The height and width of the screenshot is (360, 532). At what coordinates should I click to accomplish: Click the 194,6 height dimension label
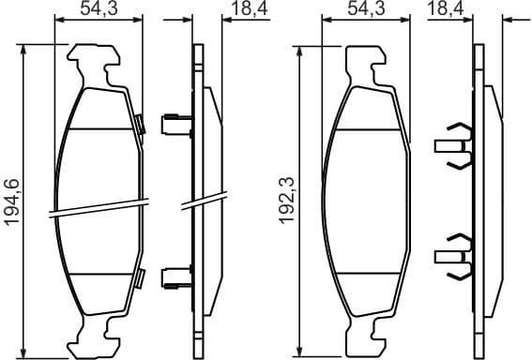(x=12, y=202)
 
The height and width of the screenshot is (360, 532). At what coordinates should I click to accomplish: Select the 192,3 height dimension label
(x=288, y=202)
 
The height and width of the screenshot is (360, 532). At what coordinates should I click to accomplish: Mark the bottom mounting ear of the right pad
(x=366, y=334)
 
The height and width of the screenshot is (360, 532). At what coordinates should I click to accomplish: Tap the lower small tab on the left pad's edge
(x=140, y=277)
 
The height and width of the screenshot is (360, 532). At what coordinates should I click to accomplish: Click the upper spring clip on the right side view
(x=454, y=146)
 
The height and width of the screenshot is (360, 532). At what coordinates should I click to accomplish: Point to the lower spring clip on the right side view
(x=454, y=254)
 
